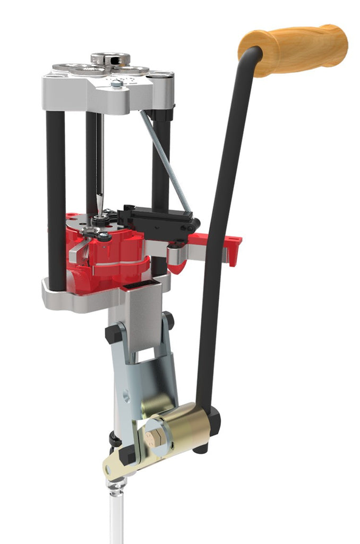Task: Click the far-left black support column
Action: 56,191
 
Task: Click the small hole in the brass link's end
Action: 109,470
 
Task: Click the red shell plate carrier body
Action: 114,255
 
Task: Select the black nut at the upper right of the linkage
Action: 169,320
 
